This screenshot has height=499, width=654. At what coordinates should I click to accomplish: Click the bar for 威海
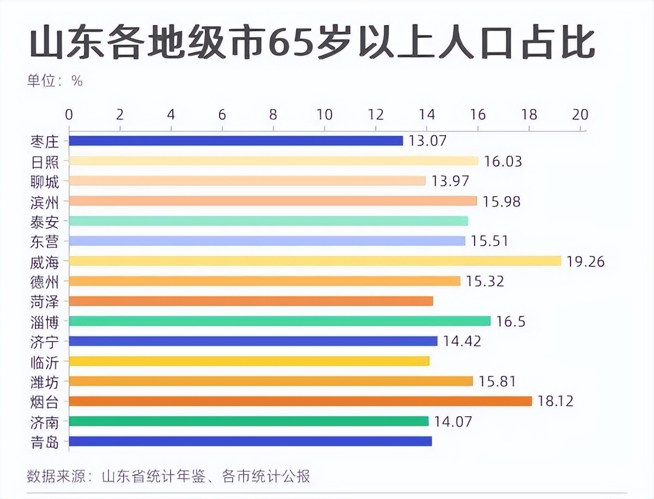(315, 261)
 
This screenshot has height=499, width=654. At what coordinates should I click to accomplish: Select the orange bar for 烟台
(300, 401)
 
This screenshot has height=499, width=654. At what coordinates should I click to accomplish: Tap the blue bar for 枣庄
(236, 141)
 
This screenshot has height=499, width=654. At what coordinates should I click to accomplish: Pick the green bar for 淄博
(280, 321)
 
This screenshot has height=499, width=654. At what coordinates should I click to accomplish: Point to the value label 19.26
(585, 261)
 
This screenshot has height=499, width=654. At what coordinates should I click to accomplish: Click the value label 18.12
(555, 401)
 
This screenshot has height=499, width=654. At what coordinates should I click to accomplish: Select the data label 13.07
(428, 141)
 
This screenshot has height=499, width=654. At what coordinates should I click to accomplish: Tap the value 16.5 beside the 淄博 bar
(511, 321)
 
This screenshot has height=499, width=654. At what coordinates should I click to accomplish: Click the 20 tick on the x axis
(580, 114)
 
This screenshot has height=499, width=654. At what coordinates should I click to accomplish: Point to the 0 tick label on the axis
(69, 114)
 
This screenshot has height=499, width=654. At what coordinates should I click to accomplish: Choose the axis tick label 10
(325, 114)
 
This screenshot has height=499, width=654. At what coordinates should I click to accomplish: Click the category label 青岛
(45, 442)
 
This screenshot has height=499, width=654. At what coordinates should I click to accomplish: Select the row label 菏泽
(45, 301)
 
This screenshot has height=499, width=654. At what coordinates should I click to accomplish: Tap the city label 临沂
(45, 362)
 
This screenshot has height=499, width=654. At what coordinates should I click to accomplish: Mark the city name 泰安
(45, 221)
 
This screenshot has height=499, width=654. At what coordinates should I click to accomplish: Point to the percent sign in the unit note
(77, 81)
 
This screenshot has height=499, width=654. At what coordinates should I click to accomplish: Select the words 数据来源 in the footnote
(55, 477)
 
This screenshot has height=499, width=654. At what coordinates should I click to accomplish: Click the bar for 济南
(249, 421)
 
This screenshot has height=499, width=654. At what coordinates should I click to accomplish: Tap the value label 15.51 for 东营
(489, 241)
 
